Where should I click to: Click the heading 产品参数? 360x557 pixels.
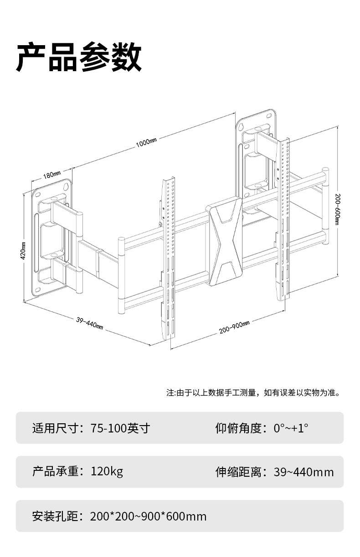click(x=79, y=58)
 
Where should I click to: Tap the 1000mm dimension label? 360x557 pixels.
click(x=146, y=143)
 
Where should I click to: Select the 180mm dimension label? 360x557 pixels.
click(x=51, y=175)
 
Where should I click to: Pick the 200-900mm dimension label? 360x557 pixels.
click(x=234, y=327)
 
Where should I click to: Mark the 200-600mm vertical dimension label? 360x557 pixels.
click(x=337, y=208)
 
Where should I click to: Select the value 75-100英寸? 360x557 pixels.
click(x=120, y=428)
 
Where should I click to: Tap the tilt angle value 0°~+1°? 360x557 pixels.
click(x=291, y=428)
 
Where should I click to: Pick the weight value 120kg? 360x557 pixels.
click(x=107, y=471)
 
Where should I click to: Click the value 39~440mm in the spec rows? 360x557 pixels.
click(x=303, y=472)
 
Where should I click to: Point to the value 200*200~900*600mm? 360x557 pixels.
click(x=149, y=516)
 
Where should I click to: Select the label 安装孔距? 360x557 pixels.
click(x=56, y=516)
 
